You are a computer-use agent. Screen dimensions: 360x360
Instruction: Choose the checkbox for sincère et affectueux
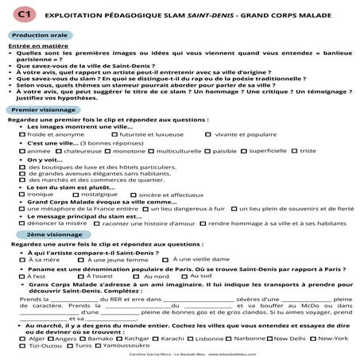point(133,194)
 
